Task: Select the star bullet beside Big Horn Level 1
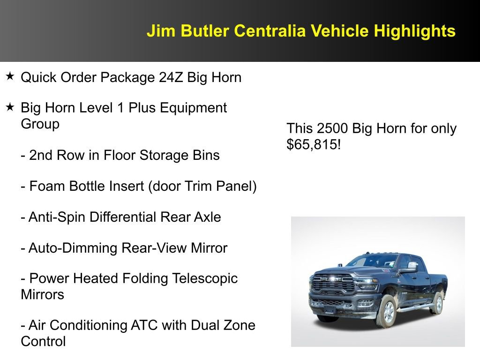[x=10, y=107]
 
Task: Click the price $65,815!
[x=314, y=144]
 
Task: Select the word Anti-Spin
[x=57, y=217]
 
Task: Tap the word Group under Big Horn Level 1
[x=40, y=124]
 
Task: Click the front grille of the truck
[x=334, y=284]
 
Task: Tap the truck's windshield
[x=370, y=262]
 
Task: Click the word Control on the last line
[x=43, y=341]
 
